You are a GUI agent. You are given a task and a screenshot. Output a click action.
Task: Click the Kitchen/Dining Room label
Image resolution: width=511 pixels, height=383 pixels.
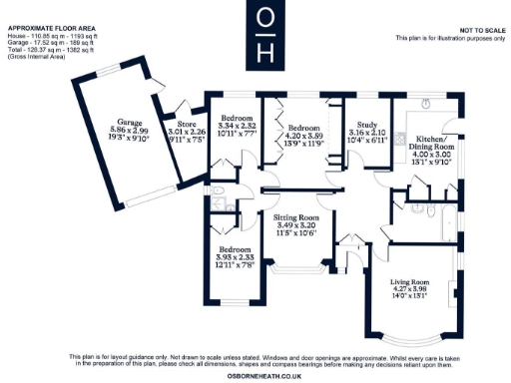tap(436, 141)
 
